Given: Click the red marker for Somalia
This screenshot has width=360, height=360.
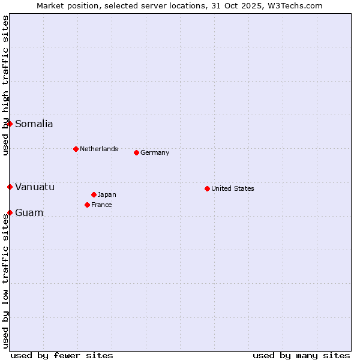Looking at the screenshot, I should point(10,124).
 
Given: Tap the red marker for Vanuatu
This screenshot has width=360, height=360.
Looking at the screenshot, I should point(10,187).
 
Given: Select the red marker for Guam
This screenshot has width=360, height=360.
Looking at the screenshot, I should point(10,212).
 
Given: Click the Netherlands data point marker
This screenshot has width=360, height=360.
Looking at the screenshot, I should point(76,149).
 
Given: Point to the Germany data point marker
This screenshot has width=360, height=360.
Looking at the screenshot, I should point(136,152).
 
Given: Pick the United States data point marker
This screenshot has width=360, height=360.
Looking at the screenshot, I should point(207,188).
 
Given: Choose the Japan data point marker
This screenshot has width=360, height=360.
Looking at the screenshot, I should point(94,194).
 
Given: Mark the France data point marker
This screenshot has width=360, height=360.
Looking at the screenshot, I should point(87,205).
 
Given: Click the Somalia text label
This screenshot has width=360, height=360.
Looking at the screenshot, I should point(34,124).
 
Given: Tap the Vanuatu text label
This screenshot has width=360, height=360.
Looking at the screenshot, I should point(35,187).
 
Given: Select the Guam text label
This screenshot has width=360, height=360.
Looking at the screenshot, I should point(29,213).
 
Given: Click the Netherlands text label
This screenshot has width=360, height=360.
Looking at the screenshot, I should point(99,149).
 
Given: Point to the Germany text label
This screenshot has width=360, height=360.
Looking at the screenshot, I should point(155,152).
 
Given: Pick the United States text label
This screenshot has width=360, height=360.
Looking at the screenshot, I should point(233,188).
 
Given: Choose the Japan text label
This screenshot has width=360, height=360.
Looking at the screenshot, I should point(107,194).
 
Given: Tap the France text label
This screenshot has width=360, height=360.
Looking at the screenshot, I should point(101,205).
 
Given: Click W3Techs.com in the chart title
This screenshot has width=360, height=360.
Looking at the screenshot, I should point(295,5).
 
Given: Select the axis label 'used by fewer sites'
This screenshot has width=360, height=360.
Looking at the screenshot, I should point(62,355).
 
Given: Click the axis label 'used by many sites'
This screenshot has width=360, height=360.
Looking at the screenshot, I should point(301,355).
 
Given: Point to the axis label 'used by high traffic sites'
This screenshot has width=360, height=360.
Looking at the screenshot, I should point(5,85).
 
